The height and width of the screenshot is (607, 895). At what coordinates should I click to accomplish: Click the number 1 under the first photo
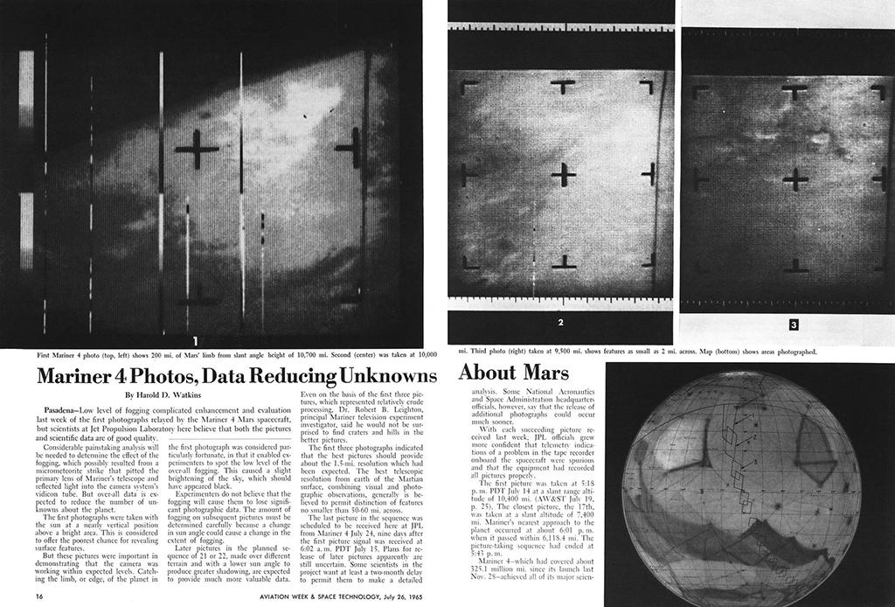tap(196, 339)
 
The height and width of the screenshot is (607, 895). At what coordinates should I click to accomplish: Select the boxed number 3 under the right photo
tap(794, 324)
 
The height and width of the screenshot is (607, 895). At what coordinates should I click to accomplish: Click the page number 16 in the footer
tap(41, 597)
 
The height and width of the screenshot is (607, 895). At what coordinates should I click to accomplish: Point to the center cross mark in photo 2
tap(564, 175)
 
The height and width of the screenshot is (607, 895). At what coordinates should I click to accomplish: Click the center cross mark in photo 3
tap(795, 180)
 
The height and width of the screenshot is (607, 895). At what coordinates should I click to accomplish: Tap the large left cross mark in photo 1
tap(197, 150)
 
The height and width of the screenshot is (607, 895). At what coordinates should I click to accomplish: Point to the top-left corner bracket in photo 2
tap(468, 87)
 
